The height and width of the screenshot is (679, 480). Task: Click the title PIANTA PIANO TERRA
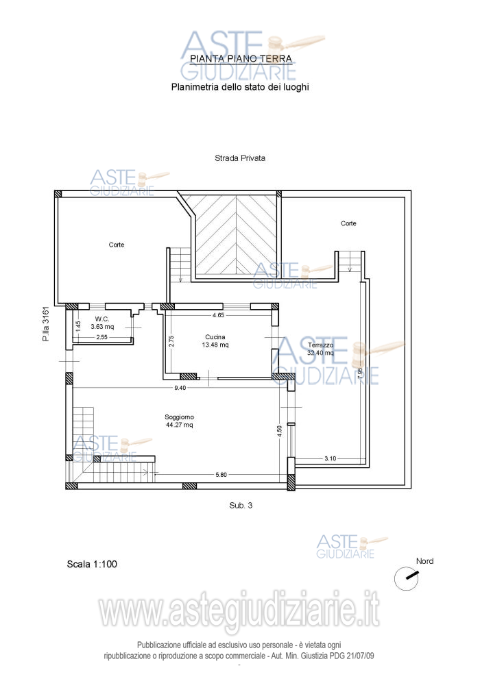[241, 58]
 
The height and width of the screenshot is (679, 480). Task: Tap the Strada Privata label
[240, 158]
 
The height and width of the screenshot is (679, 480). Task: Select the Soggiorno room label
[180, 417]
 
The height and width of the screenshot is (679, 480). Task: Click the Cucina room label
[215, 337]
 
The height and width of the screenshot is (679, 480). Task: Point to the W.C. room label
[102, 319]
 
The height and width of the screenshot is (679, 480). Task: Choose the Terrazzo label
[321, 345]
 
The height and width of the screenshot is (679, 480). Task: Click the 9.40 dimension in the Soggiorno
[180, 388]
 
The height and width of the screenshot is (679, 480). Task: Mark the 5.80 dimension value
[221, 475]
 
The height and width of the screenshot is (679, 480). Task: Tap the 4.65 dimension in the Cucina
[218, 315]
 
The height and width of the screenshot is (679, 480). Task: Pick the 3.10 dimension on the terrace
[331, 458]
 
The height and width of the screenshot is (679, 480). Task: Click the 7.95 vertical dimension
[361, 373]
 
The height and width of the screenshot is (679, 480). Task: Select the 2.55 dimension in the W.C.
[101, 337]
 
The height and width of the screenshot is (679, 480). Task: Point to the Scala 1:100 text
[92, 565]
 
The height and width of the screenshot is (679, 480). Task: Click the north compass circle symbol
[406, 578]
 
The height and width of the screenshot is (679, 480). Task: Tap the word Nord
[424, 561]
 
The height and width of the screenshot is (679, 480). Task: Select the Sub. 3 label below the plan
[241, 506]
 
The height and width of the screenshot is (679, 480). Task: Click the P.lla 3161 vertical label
[46, 324]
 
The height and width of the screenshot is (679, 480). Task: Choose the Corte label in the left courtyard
[117, 245]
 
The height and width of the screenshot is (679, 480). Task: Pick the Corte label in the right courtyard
[349, 223]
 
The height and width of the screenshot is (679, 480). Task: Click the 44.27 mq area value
[180, 425]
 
